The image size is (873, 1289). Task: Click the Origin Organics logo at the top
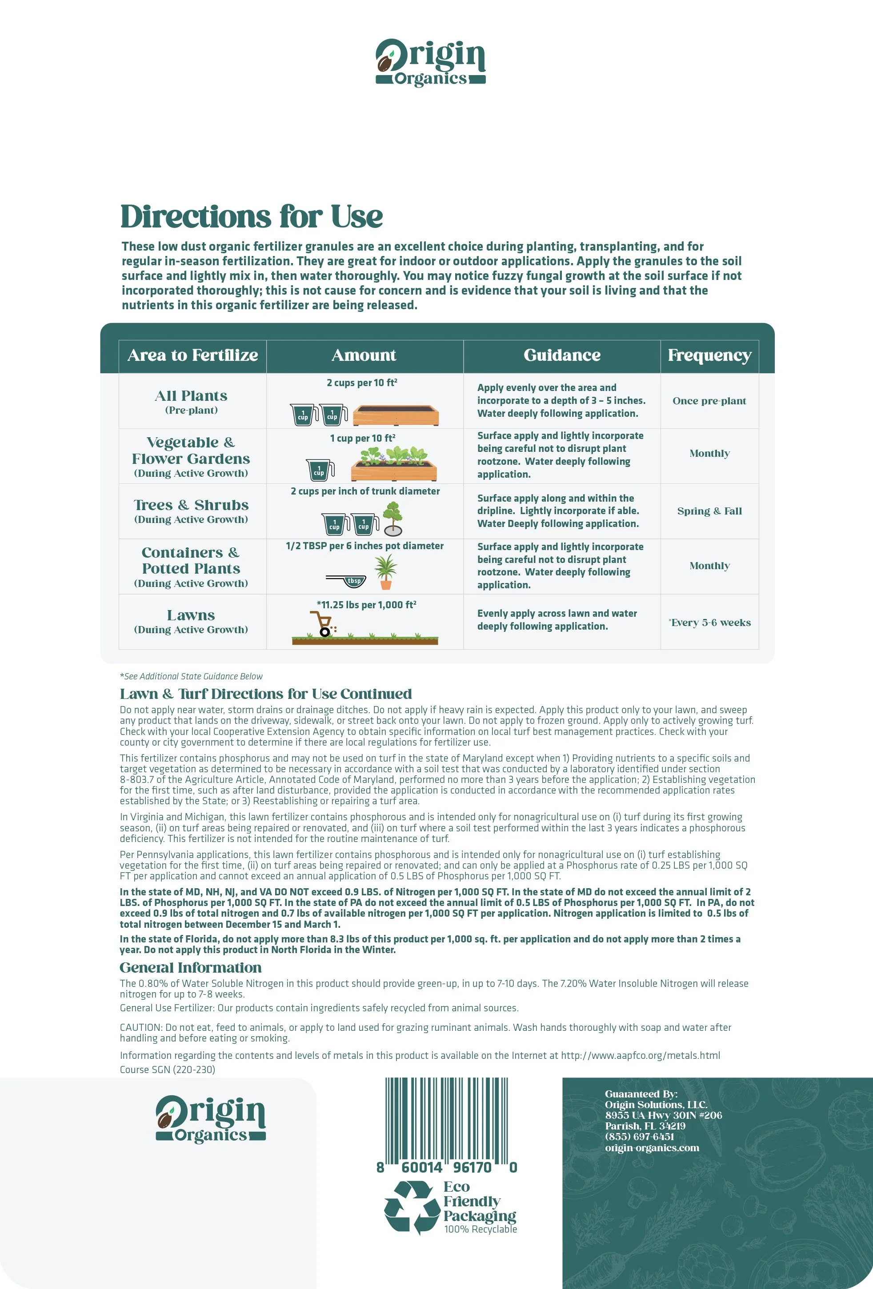430,63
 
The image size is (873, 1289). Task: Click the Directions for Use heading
252,216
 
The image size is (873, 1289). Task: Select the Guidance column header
562,355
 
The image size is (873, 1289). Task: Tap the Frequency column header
709,355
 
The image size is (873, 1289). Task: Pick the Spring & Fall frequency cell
709,511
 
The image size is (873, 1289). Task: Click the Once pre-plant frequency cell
709,400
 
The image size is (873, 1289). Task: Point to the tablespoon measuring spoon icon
347,581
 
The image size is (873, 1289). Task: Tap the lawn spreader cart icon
322,624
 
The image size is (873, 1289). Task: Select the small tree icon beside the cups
393,519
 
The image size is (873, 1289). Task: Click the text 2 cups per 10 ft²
362,383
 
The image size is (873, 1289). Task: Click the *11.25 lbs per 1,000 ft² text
366,605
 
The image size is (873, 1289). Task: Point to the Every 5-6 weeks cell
710,623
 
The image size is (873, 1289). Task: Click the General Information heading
190,967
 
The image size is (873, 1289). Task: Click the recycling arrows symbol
411,1208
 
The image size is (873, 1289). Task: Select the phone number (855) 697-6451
639,1137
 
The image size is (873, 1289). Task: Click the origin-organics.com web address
652,1148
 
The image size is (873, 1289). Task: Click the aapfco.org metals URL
640,1055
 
